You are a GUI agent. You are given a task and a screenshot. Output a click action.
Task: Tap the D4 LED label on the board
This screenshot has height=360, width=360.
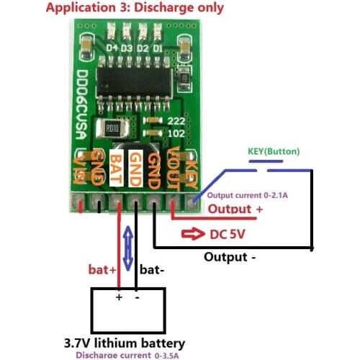pyautogui.click(x=112, y=48)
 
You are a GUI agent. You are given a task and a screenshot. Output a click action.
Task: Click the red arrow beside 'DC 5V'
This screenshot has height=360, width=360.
pyautogui.click(x=192, y=235)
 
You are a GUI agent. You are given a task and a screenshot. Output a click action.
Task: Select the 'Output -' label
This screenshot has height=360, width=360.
pyautogui.click(x=230, y=256)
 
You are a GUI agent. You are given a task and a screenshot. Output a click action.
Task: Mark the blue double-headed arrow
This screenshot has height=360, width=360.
pyautogui.click(x=128, y=249)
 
